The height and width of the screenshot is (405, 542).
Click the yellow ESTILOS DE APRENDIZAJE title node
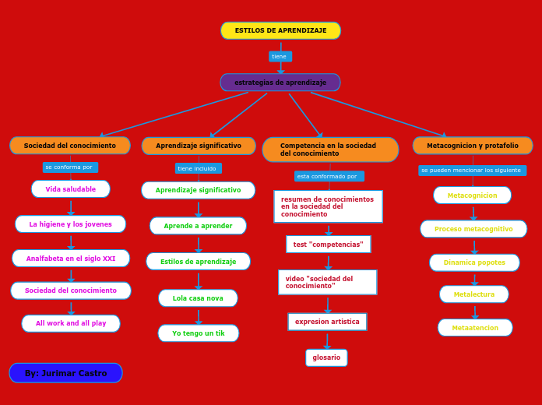[280, 30]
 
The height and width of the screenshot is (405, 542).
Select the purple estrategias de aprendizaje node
[280, 83]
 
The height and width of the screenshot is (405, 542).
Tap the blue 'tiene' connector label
[280, 56]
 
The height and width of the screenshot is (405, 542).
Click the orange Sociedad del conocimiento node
[70, 146]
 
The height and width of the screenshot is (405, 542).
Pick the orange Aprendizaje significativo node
[199, 146]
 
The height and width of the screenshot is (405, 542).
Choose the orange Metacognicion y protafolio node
[473, 146]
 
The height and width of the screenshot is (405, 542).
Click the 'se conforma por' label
[69, 167]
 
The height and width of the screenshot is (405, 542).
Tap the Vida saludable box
[71, 189]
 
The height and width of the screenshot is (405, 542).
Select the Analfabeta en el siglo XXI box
[71, 259]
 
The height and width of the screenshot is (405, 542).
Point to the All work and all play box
[71, 323]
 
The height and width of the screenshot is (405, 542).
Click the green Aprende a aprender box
[198, 226]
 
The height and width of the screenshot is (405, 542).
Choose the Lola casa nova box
[198, 298]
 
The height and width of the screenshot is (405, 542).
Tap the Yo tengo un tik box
[199, 333]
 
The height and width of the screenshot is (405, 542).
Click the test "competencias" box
[328, 245]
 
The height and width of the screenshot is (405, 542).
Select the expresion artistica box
[327, 322]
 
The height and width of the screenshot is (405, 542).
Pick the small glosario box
[326, 357]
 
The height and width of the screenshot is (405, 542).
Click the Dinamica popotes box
[474, 262]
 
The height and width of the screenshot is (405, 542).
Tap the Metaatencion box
[475, 328]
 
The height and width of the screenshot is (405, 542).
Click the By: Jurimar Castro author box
[65, 373]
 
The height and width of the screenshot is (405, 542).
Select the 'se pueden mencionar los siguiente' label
[472, 170]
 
